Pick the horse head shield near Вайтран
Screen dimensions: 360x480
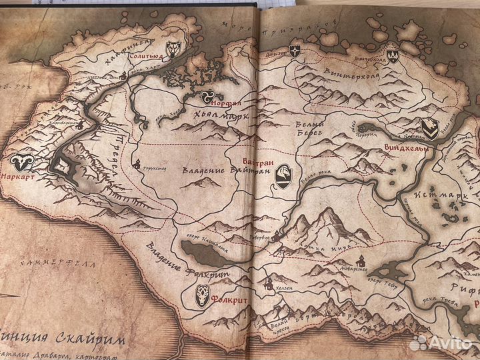pyautogui.click(x=283, y=176)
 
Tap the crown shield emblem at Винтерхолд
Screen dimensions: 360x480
pyautogui.click(x=393, y=55)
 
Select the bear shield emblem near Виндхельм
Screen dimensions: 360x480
pyautogui.click(x=430, y=128)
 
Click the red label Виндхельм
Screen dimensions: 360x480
pyautogui.click(x=405, y=147)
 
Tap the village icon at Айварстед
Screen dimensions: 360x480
pyautogui.click(x=359, y=259)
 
